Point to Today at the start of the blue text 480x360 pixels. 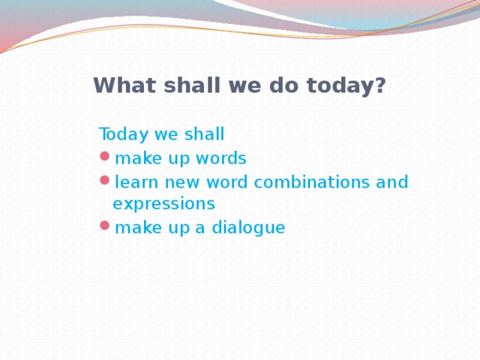coord(124,135)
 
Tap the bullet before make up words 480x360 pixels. coord(104,158)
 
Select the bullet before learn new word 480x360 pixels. coord(104,181)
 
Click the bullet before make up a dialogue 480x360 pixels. coord(104,227)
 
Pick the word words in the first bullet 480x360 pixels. coord(223,158)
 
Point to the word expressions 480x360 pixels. coord(163,204)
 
